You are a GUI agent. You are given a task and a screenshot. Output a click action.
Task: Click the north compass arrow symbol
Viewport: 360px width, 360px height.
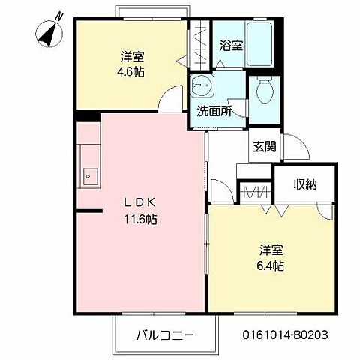click(47, 32)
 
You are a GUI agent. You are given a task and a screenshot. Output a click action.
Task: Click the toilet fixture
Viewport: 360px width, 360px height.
click(263, 92)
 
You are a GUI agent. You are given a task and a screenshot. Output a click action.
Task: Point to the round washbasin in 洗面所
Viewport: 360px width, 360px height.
click(202, 85)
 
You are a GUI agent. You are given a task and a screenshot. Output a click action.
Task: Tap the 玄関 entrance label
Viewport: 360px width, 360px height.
click(263, 146)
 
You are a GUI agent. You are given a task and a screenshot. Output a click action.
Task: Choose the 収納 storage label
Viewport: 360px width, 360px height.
click(304, 184)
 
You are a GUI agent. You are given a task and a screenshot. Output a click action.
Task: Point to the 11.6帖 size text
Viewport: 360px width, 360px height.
click(140, 220)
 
